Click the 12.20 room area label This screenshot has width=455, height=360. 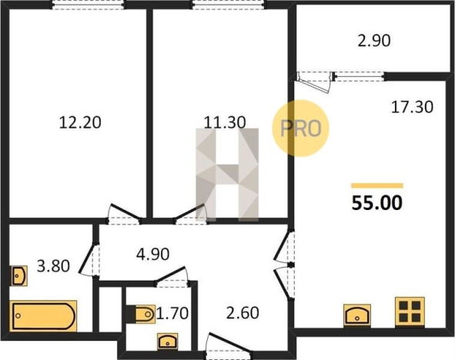pyautogui.click(x=80, y=122)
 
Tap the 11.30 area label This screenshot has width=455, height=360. pyautogui.click(x=225, y=122)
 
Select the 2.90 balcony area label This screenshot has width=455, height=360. pyautogui.click(x=374, y=41)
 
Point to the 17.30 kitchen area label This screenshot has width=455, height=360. pyautogui.click(x=412, y=107)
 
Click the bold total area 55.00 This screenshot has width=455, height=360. pyautogui.click(x=377, y=202)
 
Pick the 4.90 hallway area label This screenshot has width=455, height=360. pyautogui.click(x=153, y=254)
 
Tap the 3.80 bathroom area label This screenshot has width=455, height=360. pyautogui.click(x=53, y=266)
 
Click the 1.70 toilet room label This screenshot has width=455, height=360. pyautogui.click(x=172, y=313)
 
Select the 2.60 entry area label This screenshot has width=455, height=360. pyautogui.click(x=243, y=313)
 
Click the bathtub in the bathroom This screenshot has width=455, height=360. pyautogui.click(x=43, y=316)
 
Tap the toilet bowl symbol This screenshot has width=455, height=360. pyautogui.click(x=141, y=314)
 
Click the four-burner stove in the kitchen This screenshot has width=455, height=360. pyautogui.click(x=410, y=312)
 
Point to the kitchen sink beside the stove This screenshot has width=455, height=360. pyautogui.click(x=357, y=315)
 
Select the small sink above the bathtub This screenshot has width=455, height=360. pyautogui.click(x=18, y=275)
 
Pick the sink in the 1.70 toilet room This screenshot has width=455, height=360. pyautogui.click(x=168, y=341)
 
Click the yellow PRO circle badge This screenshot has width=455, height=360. pyautogui.click(x=300, y=128)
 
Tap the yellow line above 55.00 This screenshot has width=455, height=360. pyautogui.click(x=377, y=185)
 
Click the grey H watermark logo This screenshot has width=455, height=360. pyautogui.click(x=227, y=175)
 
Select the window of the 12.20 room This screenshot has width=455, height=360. pyautogui.click(x=89, y=5)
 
